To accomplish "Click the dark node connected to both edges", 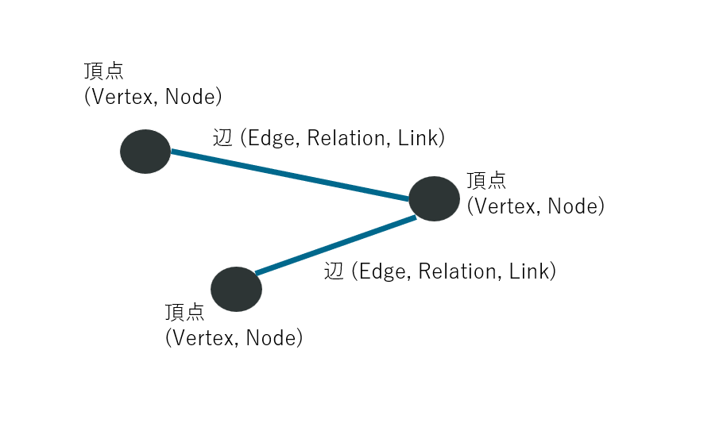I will tap(435, 198).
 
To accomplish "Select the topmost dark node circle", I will tap(145, 151).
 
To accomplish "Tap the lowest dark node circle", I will tap(237, 290).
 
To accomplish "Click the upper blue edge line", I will tap(290, 175).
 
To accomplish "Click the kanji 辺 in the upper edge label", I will tap(223, 138).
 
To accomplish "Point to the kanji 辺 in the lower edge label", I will tap(334, 271).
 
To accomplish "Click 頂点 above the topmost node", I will tap(104, 71).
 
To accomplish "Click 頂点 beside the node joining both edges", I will tap(486, 180).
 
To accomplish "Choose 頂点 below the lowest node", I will tap(185, 312).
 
